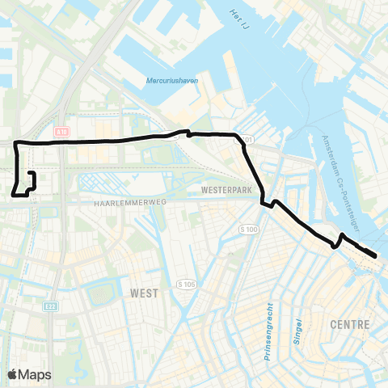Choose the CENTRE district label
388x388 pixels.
click(350, 324)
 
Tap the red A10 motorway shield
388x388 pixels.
click(64, 129)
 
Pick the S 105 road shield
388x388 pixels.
click(186, 285)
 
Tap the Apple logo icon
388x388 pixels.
click(12, 374)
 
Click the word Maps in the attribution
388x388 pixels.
click(35, 374)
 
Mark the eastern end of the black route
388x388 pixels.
click(376, 257)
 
